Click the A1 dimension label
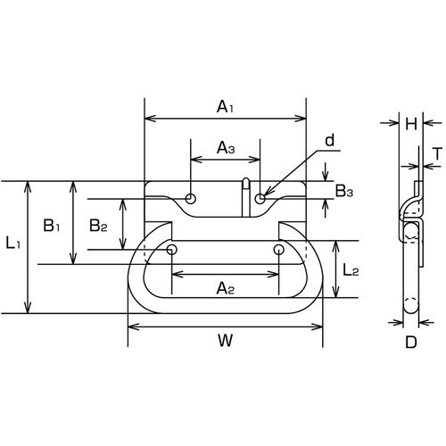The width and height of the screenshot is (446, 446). coord(225,107)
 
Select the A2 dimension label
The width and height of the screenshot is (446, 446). coord(226,288)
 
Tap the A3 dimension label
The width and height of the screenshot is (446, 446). coord(226,148)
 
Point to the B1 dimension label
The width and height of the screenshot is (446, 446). coord(52,225)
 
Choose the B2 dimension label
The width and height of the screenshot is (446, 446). coord(98,226)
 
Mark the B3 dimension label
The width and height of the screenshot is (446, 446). coord(344,191)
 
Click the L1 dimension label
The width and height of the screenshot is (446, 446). coord(13,244)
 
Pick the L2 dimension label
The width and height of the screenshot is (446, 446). coord(351,270)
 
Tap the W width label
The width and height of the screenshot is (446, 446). coord(225,341)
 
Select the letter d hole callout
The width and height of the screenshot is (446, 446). coord(330,140)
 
